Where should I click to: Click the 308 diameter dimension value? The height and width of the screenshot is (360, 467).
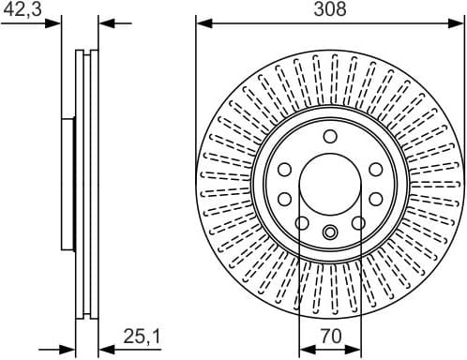(329, 9)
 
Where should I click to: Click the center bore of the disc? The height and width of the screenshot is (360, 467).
(329, 183)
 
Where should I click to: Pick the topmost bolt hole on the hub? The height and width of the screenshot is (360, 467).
(329, 137)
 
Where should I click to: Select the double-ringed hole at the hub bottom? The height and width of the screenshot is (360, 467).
(329, 232)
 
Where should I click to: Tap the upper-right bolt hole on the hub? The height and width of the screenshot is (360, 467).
(375, 169)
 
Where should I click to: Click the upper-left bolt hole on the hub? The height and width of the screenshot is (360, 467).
(283, 169)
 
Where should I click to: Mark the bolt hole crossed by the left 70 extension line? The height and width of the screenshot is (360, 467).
(300, 222)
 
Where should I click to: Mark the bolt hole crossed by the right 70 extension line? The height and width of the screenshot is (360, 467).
(358, 222)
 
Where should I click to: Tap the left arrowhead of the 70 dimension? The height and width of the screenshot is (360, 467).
(304, 347)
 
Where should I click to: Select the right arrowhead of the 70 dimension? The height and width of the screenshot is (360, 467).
(355, 347)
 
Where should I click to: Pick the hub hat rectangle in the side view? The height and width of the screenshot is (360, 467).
(68, 183)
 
